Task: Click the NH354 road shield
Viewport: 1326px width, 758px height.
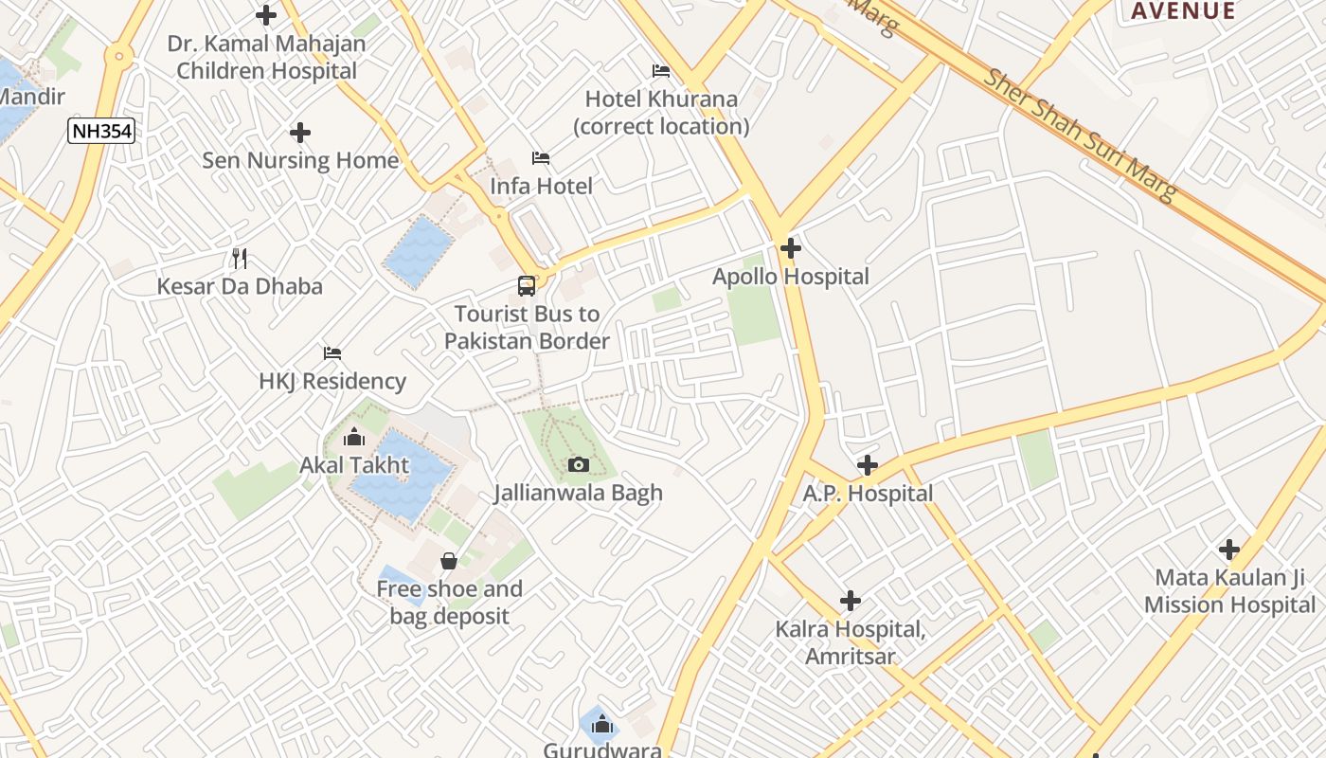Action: (100, 131)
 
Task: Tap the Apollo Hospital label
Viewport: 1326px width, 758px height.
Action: (790, 277)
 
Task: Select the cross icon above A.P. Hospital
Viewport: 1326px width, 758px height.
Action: (867, 465)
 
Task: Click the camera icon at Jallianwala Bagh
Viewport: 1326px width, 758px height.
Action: (578, 464)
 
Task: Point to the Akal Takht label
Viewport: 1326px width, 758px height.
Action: (354, 465)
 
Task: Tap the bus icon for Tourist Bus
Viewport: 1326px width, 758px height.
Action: (527, 285)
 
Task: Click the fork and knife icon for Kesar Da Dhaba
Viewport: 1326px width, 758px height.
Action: (240, 258)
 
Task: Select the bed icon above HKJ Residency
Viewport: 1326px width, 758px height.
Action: (332, 352)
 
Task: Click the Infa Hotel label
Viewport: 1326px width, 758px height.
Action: (541, 187)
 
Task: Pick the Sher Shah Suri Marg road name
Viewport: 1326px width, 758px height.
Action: (1080, 134)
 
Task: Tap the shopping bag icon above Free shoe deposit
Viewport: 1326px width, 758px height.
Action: (449, 561)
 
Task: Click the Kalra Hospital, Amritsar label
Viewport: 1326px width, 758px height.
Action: (850, 642)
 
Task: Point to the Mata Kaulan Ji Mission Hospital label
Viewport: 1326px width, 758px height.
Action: (1229, 591)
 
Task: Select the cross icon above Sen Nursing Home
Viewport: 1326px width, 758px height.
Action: (300, 133)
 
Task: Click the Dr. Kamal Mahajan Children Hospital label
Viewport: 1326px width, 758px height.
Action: (266, 57)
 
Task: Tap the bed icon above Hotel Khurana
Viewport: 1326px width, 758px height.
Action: (661, 71)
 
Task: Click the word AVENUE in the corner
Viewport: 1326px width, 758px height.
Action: (1183, 11)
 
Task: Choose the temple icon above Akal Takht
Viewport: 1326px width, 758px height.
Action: (354, 437)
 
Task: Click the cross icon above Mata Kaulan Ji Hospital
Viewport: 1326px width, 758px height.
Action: (1229, 550)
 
